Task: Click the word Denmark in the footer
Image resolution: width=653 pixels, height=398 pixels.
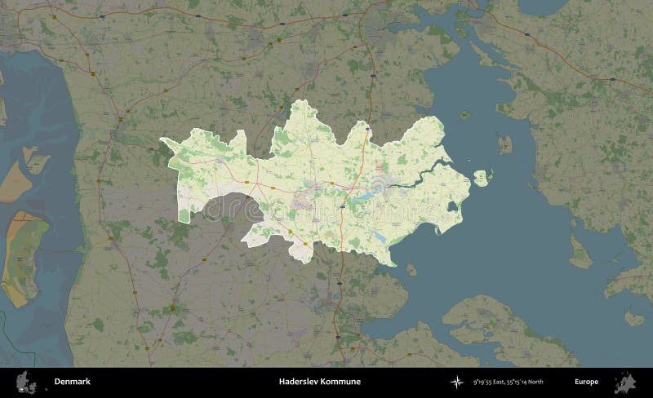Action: (73, 382)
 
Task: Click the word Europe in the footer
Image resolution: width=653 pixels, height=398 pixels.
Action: (586, 382)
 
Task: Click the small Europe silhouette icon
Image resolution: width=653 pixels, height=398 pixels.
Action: (629, 382)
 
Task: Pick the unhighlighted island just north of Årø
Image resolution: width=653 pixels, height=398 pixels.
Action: (504, 144)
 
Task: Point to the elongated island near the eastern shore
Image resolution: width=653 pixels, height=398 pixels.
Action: (580, 251)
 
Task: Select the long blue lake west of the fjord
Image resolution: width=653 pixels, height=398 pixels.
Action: (363, 195)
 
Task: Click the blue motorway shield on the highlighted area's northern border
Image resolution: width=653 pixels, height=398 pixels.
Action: (367, 128)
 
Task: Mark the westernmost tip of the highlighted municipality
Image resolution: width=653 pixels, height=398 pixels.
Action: (161, 139)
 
